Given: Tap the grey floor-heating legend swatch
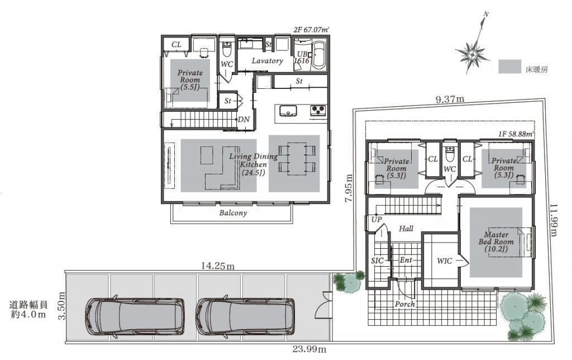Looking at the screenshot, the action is pyautogui.click(x=509, y=67).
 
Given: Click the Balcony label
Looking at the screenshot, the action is pyautogui.click(x=233, y=213).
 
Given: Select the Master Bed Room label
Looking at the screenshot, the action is pyautogui.click(x=496, y=241).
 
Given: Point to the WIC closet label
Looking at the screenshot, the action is pyautogui.click(x=444, y=260).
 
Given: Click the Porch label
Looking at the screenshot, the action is pyautogui.click(x=405, y=304).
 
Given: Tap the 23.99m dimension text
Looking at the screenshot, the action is pyautogui.click(x=309, y=349).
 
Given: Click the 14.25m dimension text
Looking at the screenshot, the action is pyautogui.click(x=218, y=266).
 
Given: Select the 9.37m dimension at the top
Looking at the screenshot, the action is pyautogui.click(x=450, y=98).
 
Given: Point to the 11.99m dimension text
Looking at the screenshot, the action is pyautogui.click(x=554, y=220).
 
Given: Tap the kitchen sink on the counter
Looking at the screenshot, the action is pyautogui.click(x=288, y=110).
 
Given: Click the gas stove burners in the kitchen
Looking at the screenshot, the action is pyautogui.click(x=318, y=110).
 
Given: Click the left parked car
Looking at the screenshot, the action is pyautogui.click(x=135, y=316).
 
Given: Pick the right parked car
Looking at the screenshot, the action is pyautogui.click(x=245, y=316).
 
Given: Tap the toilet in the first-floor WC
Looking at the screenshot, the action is pyautogui.click(x=450, y=155).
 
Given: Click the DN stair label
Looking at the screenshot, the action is pyautogui.click(x=244, y=120).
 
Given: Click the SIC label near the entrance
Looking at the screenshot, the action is pyautogui.click(x=377, y=260).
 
